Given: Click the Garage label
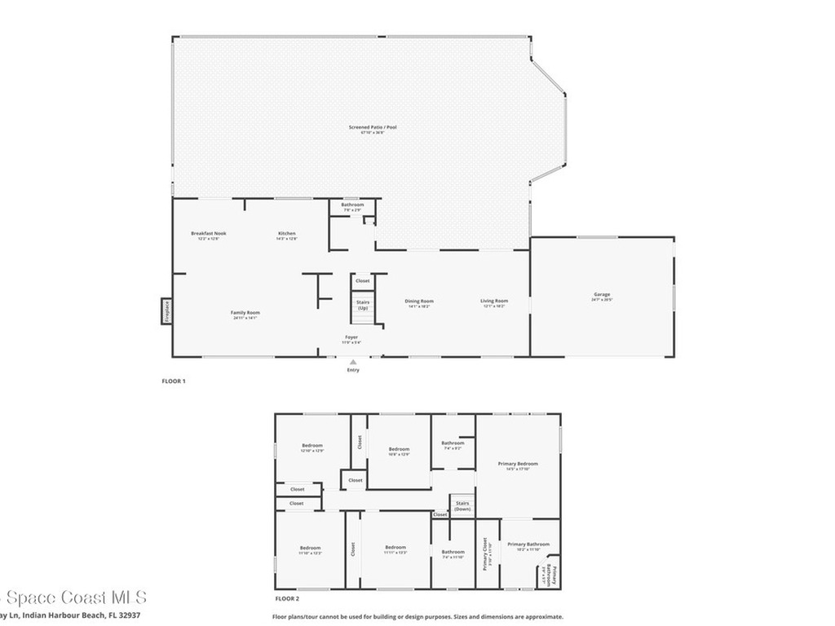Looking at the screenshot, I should [x=602, y=294].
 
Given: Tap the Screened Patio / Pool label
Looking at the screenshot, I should [x=367, y=127].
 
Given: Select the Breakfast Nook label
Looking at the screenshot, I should [x=209, y=233].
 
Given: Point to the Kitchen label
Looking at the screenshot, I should [x=286, y=233].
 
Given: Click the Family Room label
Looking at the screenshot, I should [x=245, y=312].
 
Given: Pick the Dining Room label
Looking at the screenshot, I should [x=419, y=301].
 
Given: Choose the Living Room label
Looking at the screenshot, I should [x=494, y=301].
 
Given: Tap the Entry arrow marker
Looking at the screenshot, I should [x=353, y=361].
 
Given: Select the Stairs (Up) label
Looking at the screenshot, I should [x=363, y=305].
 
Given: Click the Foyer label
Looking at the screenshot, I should [x=351, y=337].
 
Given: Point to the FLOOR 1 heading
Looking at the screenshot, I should [x=174, y=381].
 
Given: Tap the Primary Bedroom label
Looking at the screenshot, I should [x=518, y=463].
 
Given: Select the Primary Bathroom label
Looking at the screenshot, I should [x=528, y=544].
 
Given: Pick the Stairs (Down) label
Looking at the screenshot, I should [x=462, y=505].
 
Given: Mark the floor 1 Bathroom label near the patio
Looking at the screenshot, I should [x=352, y=204].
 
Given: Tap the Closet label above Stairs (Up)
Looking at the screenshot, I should [x=363, y=280].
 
